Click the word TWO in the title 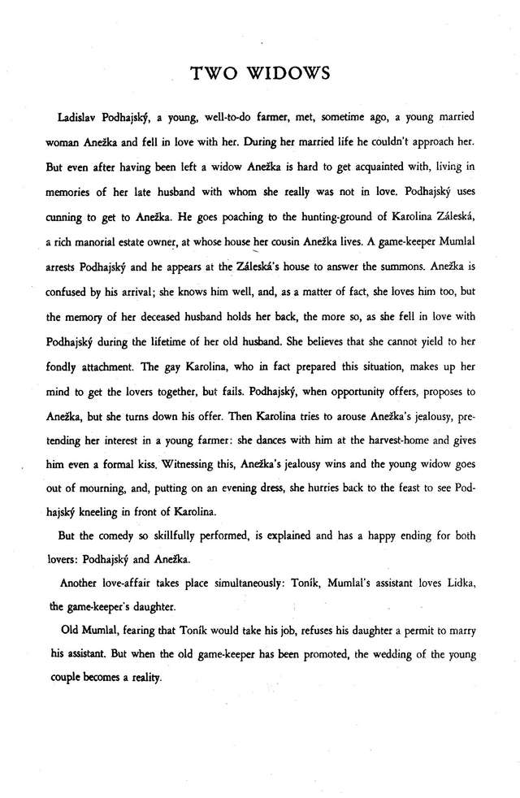(x=214, y=74)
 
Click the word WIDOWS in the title (x=288, y=74)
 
